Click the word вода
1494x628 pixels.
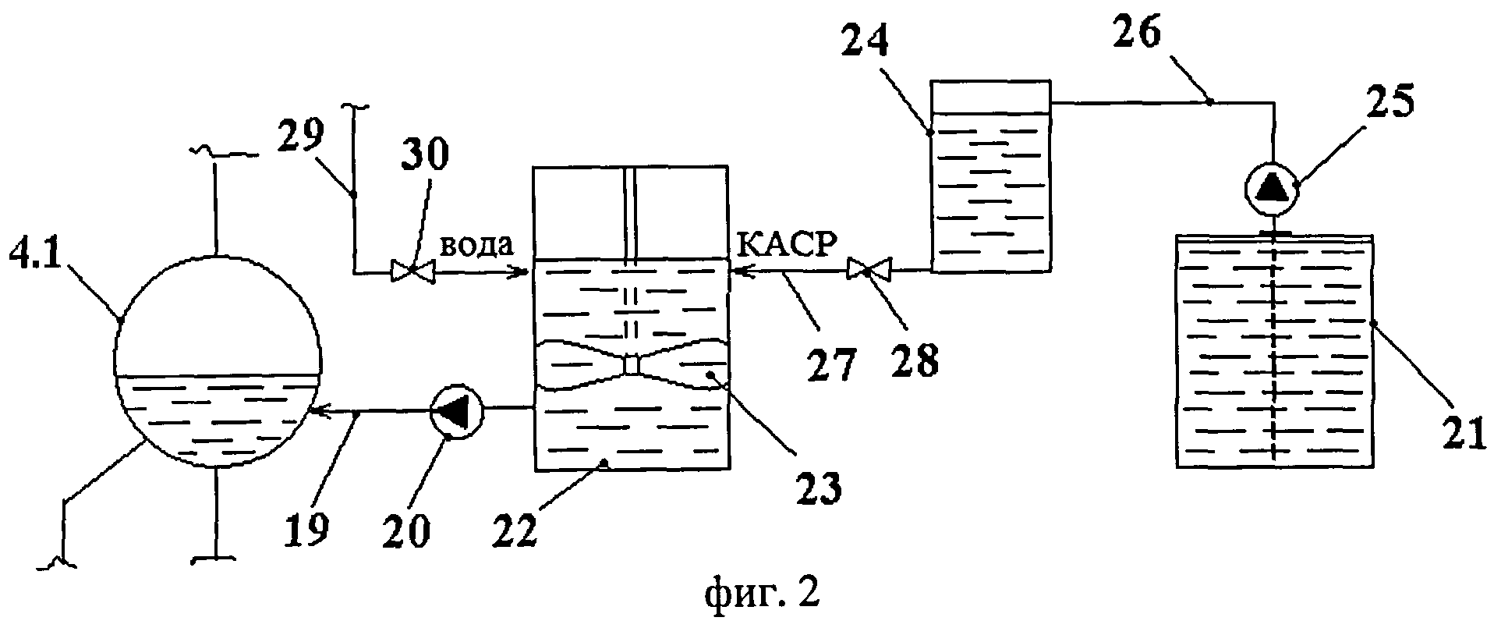[x=476, y=247]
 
